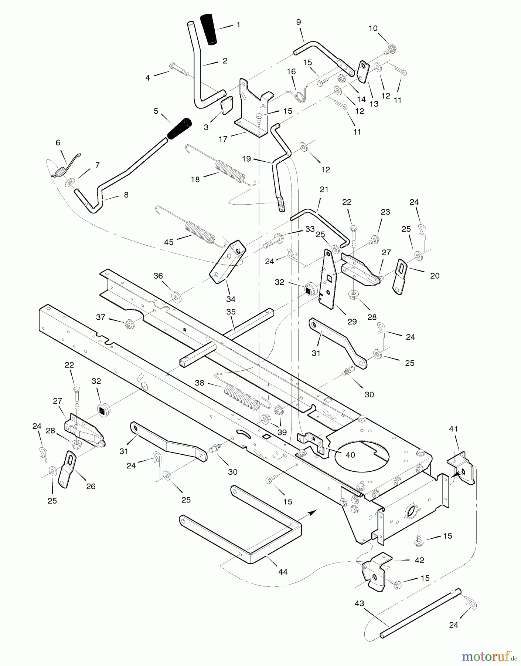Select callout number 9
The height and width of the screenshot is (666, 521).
(x=299, y=22)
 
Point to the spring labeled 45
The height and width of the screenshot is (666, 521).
(x=200, y=232)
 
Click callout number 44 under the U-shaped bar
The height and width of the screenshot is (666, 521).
(x=283, y=572)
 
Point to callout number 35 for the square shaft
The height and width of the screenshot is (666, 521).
(x=231, y=312)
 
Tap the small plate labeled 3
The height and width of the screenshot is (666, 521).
(x=226, y=107)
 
